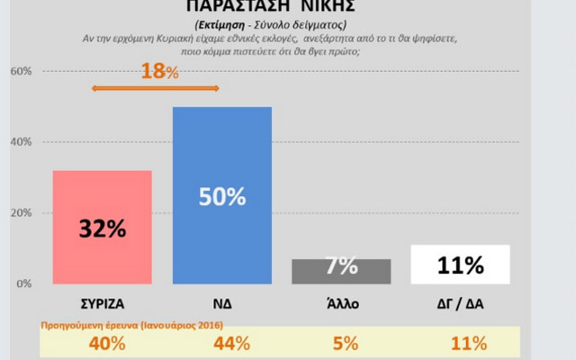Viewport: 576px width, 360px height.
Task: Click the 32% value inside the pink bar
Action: coord(102,229)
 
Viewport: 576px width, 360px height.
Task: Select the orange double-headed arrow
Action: coord(157,87)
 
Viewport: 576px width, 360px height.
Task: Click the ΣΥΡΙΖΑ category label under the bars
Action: coord(102,304)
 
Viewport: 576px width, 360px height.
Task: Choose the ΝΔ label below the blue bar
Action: coord(222,304)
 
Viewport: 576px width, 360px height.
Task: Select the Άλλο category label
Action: coord(341,304)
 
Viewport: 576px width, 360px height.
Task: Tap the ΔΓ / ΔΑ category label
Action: coord(461,304)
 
